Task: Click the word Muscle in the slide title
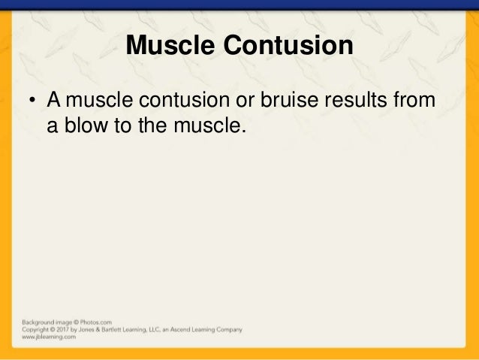pyautogui.click(x=170, y=46)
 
